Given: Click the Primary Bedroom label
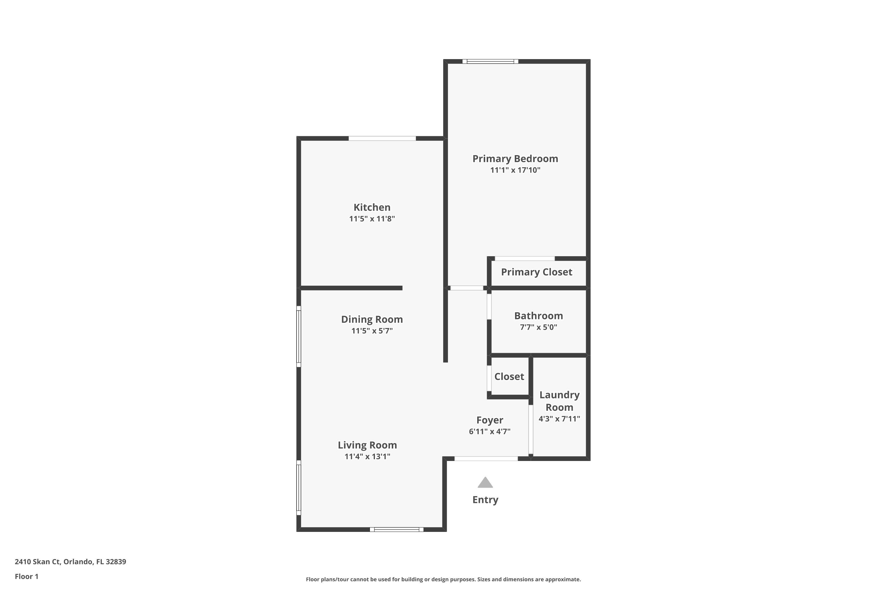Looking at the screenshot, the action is tap(515, 159).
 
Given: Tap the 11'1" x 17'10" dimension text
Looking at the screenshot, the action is tap(515, 170).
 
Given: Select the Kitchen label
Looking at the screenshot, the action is tap(372, 207).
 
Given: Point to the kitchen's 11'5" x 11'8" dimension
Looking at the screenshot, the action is tap(372, 219).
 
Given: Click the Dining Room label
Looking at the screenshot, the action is tap(372, 319).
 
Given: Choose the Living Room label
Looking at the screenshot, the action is tap(367, 445).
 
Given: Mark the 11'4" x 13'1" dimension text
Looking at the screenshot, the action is tap(367, 457).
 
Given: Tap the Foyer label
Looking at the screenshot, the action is tap(490, 420).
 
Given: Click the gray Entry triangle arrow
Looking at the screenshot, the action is tap(485, 483).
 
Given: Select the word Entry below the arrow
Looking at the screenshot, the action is tap(485, 500).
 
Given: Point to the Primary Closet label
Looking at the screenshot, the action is tap(537, 272).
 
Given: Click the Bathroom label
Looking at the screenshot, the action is tap(538, 316).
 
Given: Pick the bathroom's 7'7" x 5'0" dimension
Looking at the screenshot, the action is tap(538, 327).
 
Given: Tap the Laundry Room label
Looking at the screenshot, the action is tap(559, 401).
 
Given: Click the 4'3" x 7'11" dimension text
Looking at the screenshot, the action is tap(559, 419).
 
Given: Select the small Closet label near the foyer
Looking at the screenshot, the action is tap(509, 376).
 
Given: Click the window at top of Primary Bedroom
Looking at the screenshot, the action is tap(490, 61).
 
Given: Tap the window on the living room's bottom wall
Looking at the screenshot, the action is tap(396, 530).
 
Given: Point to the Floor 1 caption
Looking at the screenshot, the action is tap(26, 576).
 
